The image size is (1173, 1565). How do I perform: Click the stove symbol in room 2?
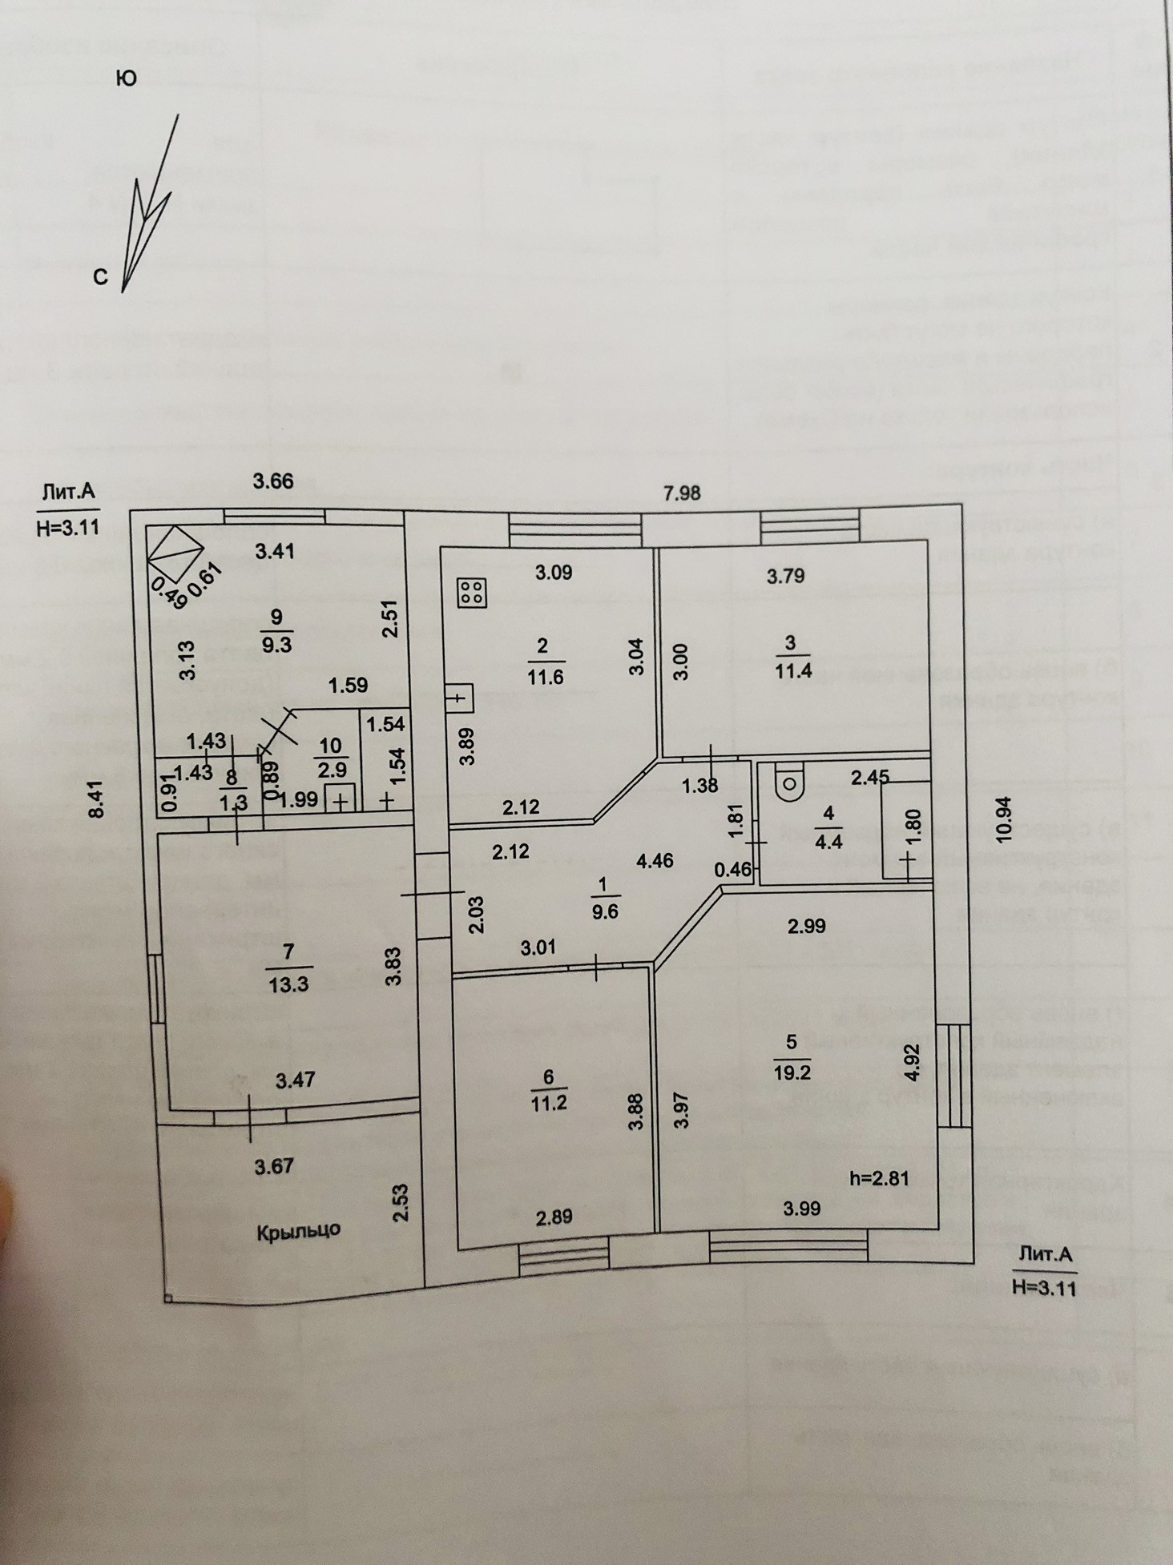coord(470,592)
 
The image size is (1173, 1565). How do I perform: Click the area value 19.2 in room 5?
coord(792,1072)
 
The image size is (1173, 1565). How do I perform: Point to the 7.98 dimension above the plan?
coord(682,493)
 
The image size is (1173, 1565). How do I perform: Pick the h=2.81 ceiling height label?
coord(880,1177)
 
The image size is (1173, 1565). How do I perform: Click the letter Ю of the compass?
coord(126,78)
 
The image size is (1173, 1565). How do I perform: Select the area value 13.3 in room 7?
coord(288,984)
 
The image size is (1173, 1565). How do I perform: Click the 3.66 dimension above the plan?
coord(273,481)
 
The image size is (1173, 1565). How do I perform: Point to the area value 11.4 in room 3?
coord(792,670)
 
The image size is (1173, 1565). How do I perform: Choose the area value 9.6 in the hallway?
coord(604,911)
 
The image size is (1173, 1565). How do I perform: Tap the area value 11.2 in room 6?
coord(549,1102)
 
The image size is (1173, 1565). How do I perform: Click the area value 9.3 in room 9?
coord(276,643)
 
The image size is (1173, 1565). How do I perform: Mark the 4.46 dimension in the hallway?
coord(654,861)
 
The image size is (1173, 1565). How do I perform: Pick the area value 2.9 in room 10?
coord(331,770)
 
